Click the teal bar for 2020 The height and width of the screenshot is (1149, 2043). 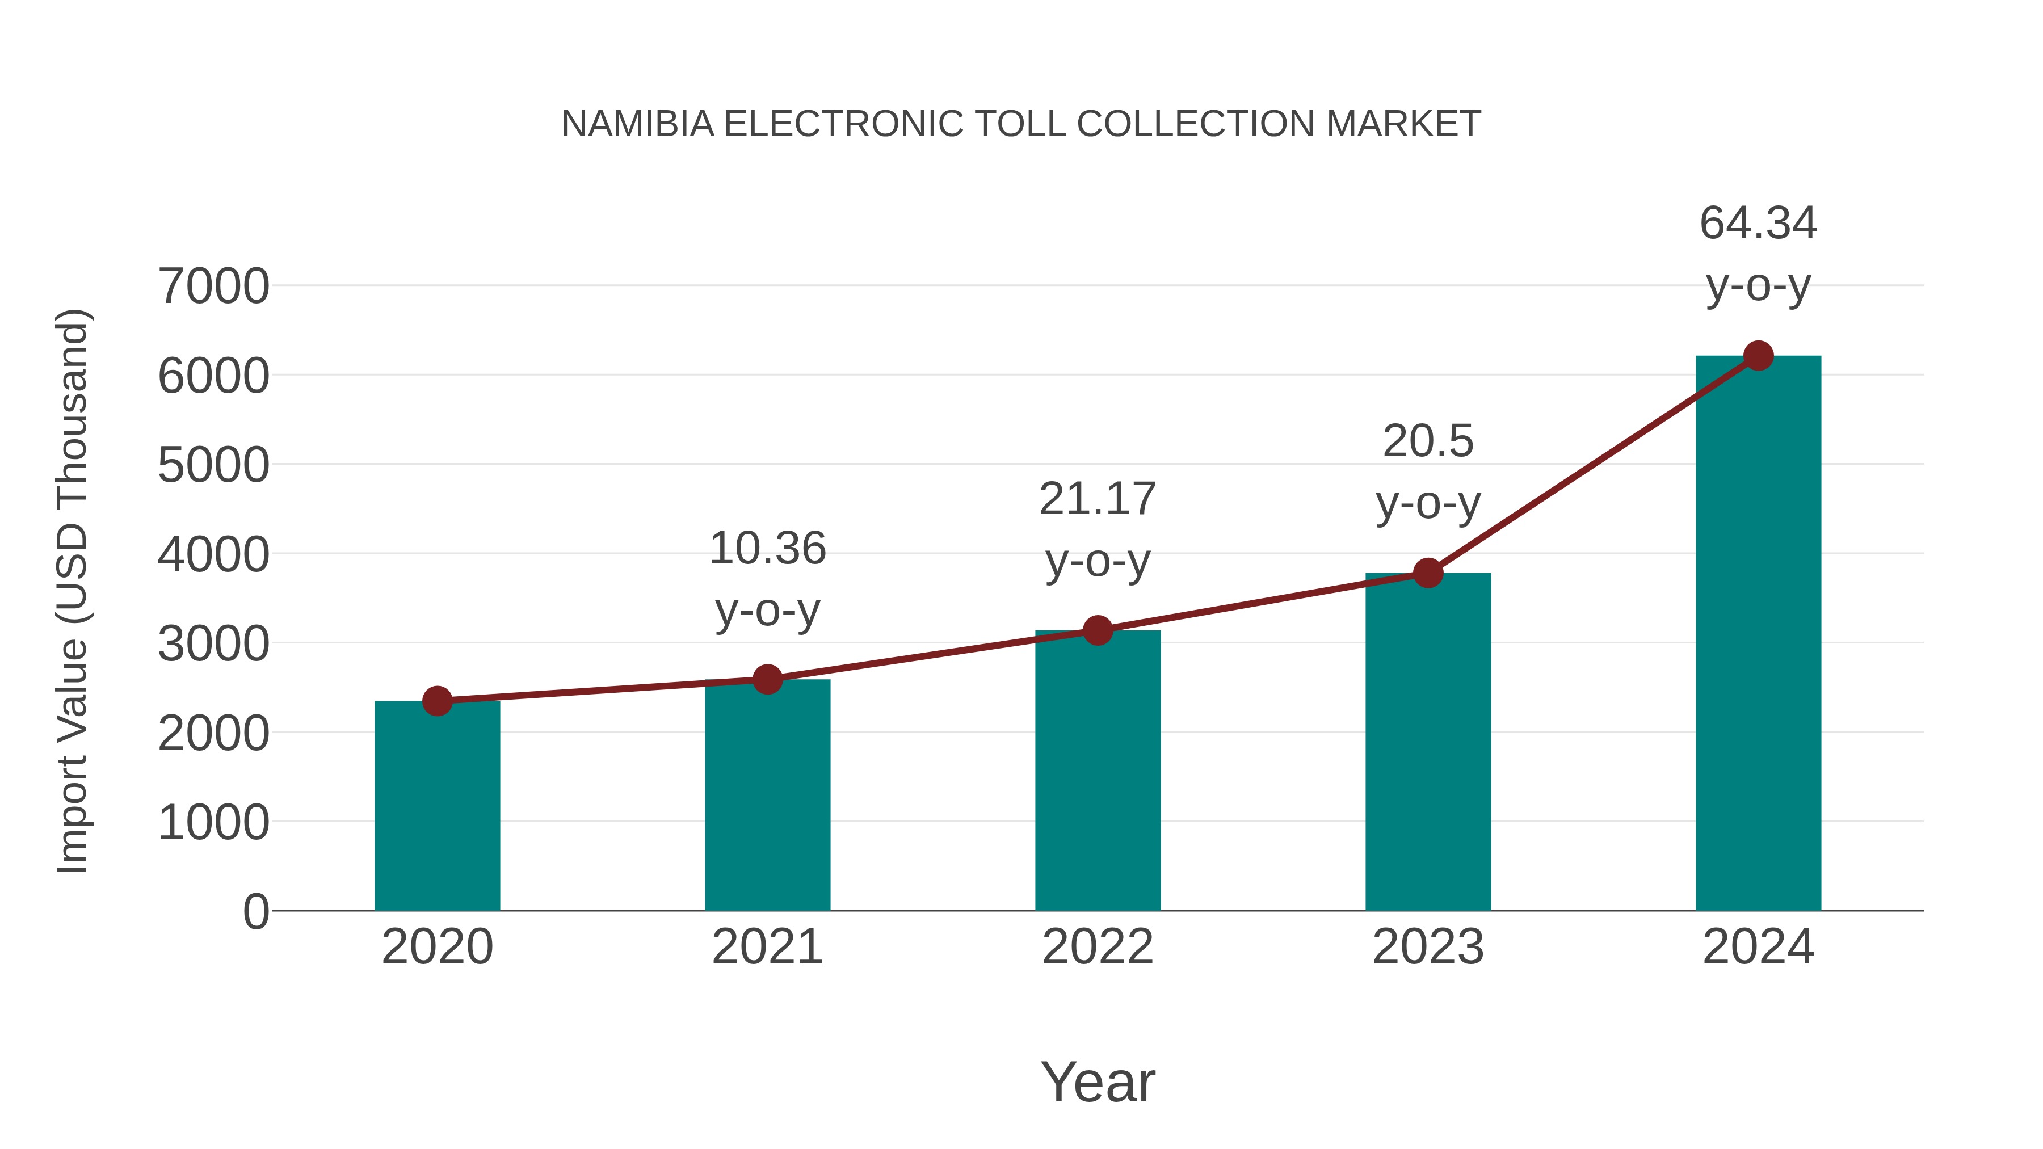coord(437,805)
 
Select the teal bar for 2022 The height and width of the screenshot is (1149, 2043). coord(1098,769)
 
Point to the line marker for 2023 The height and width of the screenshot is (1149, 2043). coord(1428,573)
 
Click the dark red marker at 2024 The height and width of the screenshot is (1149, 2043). coord(1758,355)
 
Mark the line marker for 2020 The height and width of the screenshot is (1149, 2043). coord(437,700)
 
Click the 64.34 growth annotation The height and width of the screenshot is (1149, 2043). coord(1758,223)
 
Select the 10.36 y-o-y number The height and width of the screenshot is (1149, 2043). coord(767,549)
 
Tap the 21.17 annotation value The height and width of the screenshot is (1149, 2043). coord(1098,499)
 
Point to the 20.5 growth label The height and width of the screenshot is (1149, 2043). coord(1428,441)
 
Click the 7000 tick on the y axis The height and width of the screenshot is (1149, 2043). coord(213,287)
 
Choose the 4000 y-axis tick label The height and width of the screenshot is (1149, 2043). coord(213,554)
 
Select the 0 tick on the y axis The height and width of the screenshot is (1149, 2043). coord(255,911)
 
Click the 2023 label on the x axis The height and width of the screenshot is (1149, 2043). coord(1428,947)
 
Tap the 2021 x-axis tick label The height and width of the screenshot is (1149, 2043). coord(767,947)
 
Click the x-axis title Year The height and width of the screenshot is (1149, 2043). coord(1098,1081)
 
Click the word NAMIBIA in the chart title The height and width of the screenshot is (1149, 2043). coord(637,124)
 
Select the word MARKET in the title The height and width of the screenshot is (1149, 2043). coord(1403,124)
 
